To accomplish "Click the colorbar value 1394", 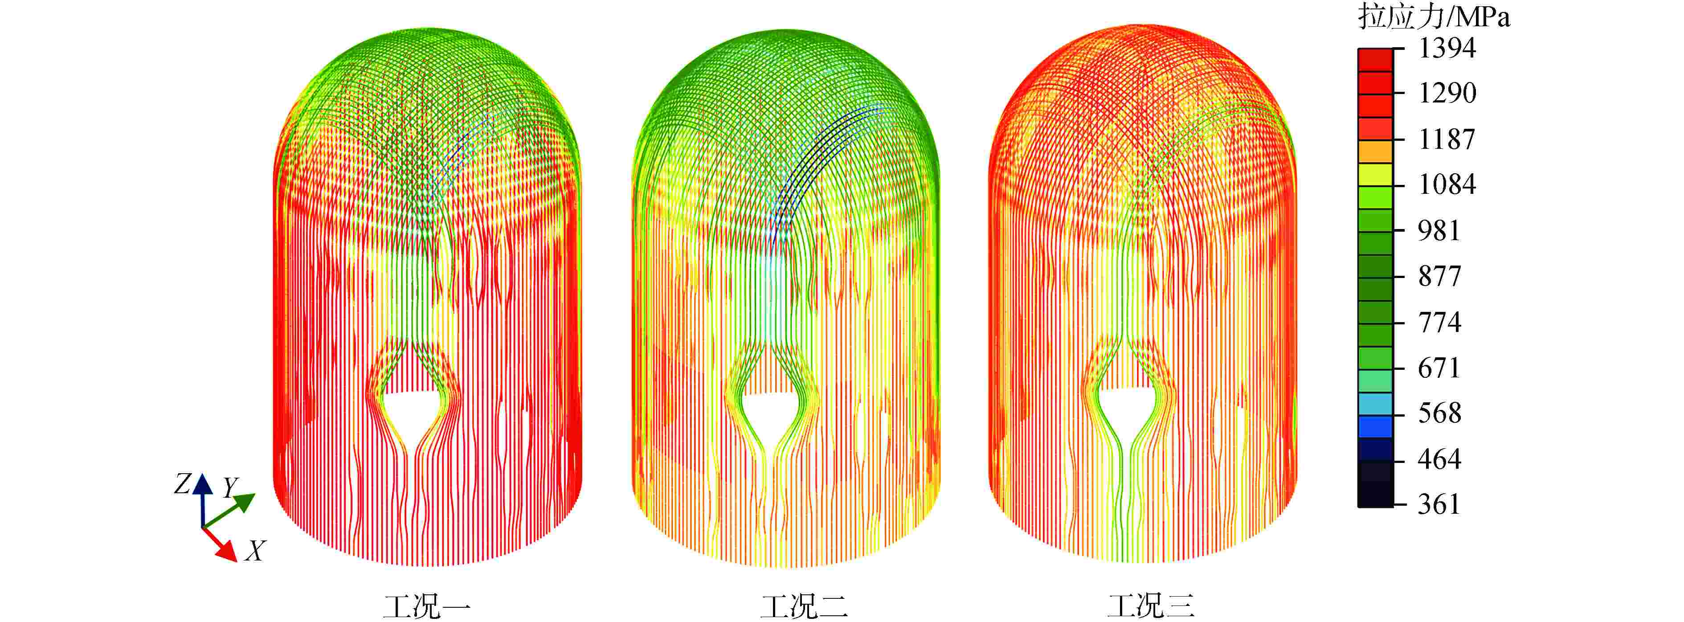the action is [1447, 48].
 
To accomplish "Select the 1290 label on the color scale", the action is [1447, 93].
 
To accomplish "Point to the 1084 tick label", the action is [1447, 184].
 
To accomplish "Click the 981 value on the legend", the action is [1439, 230].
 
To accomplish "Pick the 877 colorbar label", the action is [1439, 276].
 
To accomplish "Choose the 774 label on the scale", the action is [1439, 322].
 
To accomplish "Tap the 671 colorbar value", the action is [1439, 368].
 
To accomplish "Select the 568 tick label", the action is [1439, 413].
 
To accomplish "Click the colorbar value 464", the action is [1439, 459].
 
